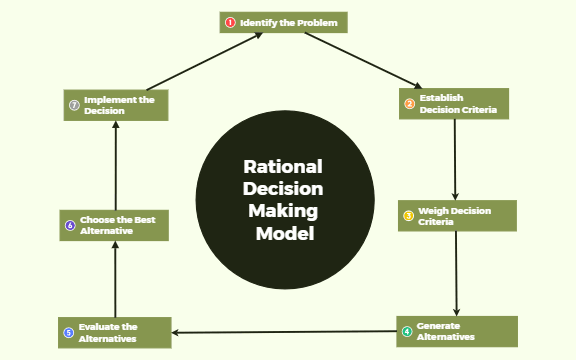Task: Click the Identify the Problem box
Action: point(284,22)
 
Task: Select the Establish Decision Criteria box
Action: point(454,104)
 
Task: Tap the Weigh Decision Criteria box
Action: point(458,216)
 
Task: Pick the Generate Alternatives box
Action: point(457,331)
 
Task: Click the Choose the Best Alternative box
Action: point(113,225)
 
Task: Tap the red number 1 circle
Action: point(230,22)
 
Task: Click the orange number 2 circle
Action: point(409,104)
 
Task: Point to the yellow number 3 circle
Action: point(408,216)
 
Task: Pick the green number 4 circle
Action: point(406,331)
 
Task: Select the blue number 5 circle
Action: point(68,332)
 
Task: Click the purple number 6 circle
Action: point(70,225)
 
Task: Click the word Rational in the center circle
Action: point(284,167)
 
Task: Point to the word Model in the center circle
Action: point(284,234)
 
